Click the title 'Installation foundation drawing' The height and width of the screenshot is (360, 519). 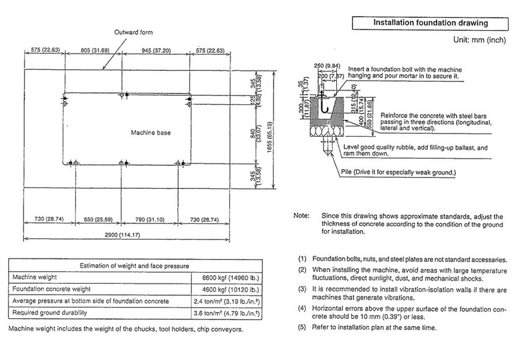[x=430, y=24]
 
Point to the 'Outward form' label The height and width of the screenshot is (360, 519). [x=133, y=32]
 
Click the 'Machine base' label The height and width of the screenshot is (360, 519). [x=151, y=133]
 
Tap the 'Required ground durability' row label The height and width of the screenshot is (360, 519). [x=50, y=313]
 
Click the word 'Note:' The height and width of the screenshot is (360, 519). [x=302, y=216]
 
